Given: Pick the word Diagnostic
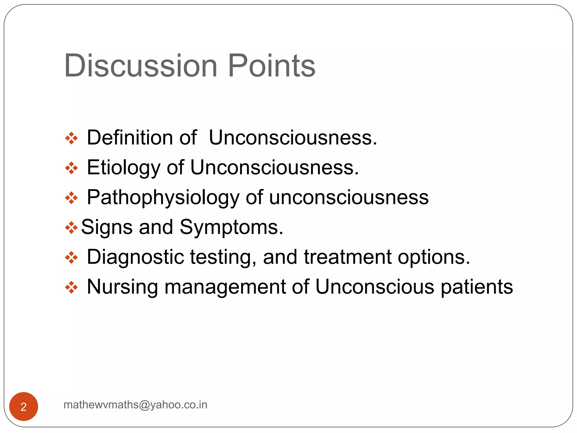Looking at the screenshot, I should point(135,257).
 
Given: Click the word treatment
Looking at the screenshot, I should point(348,257).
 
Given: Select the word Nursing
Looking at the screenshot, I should point(122,287).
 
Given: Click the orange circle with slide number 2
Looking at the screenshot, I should point(24,406).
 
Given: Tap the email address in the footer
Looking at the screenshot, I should point(136,405).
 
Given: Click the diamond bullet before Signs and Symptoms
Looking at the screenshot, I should point(71,227).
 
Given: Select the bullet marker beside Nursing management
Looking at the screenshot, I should point(71,288).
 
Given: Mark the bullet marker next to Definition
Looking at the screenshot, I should point(71,138).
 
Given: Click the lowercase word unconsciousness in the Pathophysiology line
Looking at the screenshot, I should point(349,197).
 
